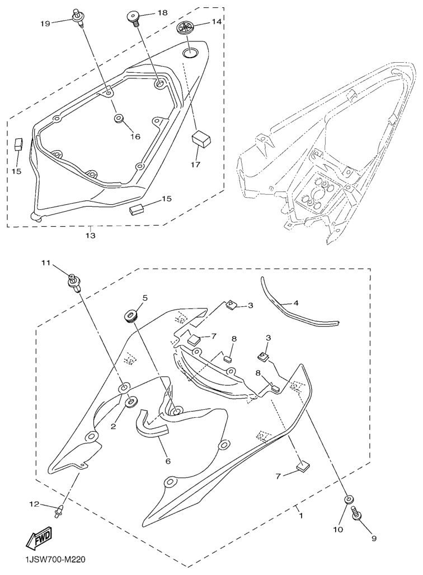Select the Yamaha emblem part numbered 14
coord(186,28)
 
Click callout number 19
coord(45,24)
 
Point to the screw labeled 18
coord(133,17)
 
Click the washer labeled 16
coord(119,119)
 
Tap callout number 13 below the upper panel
coord(91,235)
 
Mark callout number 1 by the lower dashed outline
coord(301,516)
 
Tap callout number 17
coord(195,164)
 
